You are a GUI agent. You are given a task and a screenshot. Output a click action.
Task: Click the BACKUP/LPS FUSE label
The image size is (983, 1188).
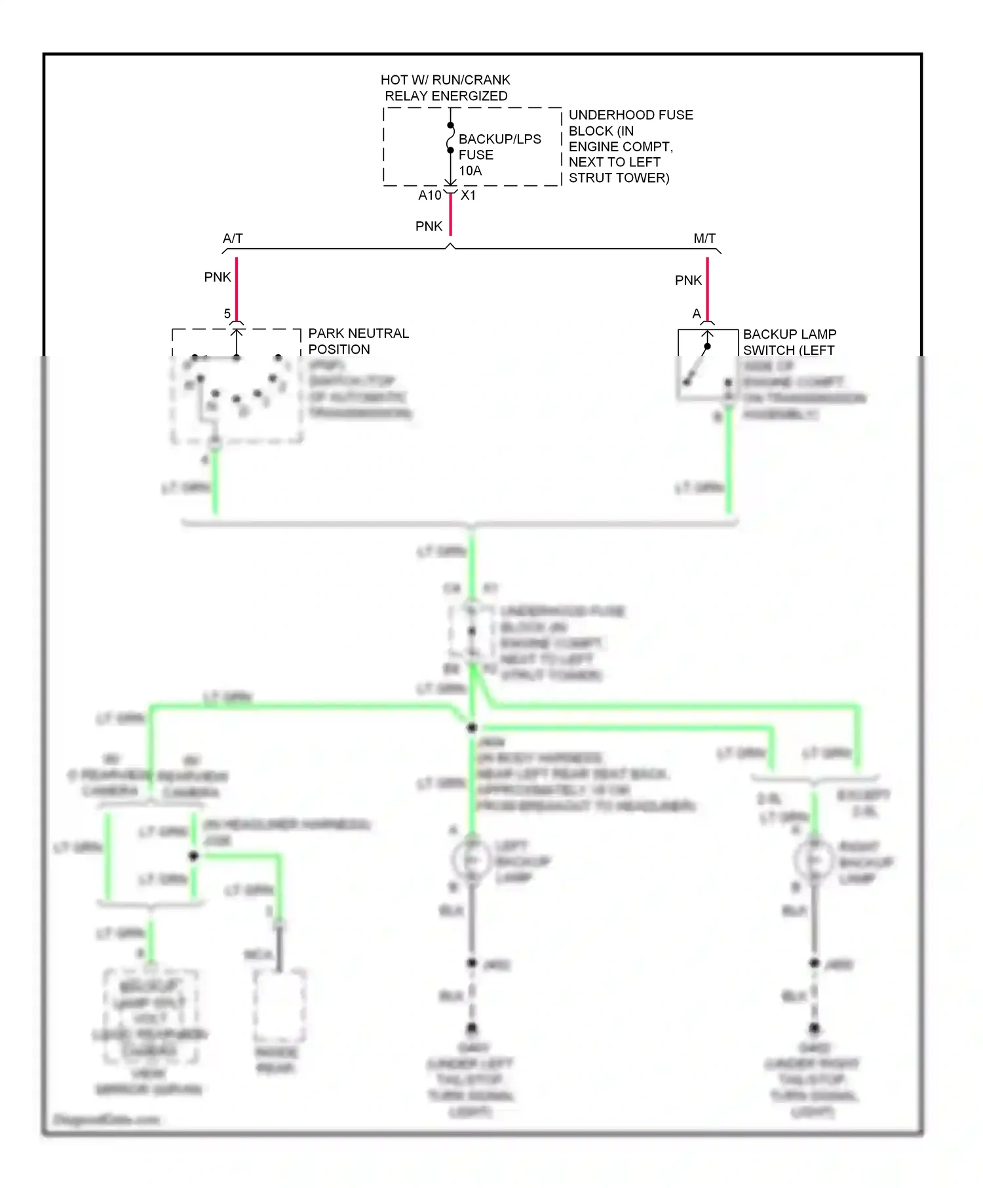[x=499, y=147]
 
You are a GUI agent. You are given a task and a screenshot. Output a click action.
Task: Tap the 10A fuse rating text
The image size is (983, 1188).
[x=470, y=171]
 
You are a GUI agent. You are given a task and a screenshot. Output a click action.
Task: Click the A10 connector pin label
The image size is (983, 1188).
[x=429, y=195]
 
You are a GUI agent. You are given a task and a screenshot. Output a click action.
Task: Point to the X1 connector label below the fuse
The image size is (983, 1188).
[x=468, y=195]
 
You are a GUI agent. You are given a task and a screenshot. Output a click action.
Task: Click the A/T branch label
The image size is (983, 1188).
[x=233, y=238]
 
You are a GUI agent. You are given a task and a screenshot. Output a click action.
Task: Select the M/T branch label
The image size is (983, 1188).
[x=704, y=238]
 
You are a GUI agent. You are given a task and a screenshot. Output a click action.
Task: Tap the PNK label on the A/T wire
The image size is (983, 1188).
[x=218, y=277]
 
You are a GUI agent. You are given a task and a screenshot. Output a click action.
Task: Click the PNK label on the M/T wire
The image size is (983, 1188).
[x=688, y=280]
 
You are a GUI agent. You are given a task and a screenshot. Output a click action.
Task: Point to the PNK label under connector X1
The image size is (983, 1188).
[x=429, y=226]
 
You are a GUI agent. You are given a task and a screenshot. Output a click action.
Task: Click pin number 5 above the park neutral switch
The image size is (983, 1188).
[x=227, y=314]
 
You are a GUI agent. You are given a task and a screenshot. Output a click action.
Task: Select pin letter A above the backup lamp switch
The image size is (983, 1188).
[x=697, y=314]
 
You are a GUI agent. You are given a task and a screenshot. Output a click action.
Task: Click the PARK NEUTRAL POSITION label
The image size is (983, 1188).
[x=358, y=341]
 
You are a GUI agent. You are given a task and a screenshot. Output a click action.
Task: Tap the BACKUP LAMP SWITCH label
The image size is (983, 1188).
[x=789, y=342]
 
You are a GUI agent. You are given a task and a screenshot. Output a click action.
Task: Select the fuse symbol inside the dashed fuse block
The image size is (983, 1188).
[x=450, y=138]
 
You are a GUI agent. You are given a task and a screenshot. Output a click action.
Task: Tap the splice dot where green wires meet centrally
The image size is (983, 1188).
[x=472, y=728]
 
